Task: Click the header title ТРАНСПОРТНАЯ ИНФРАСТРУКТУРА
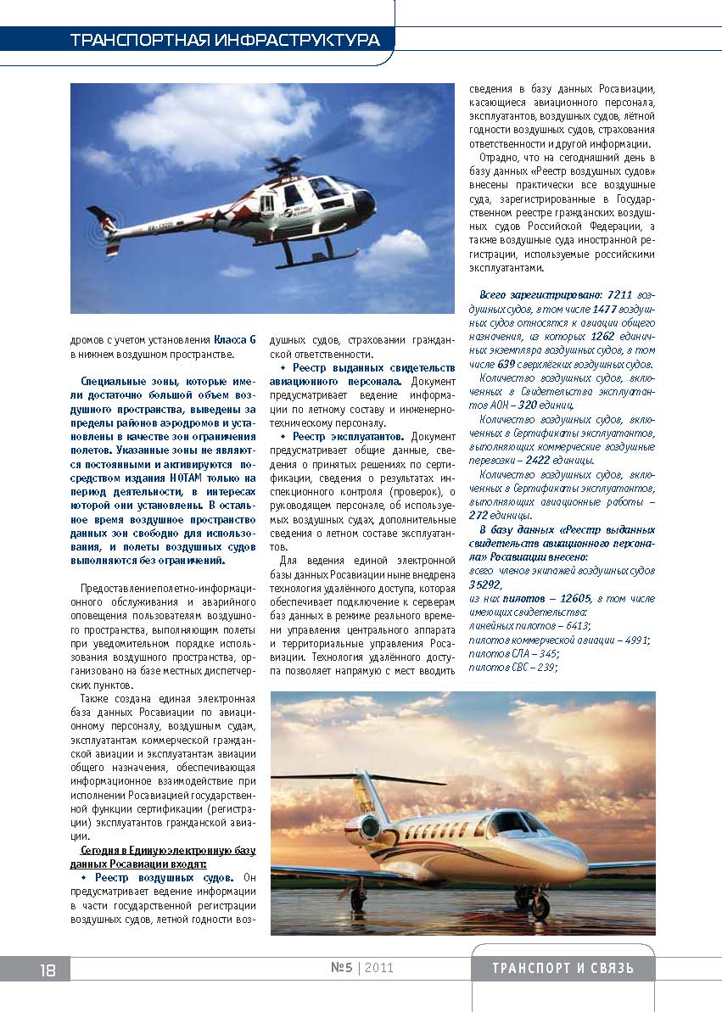pos(224,40)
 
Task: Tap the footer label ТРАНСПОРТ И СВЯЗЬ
pos(562,969)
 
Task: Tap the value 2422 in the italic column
pos(539,460)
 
